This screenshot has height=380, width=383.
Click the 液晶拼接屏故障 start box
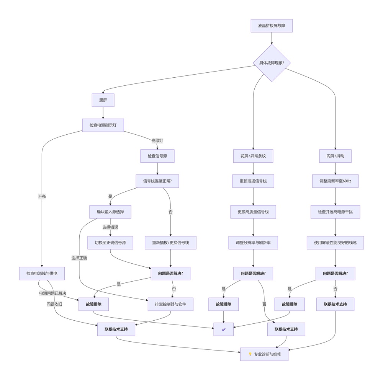[272, 26]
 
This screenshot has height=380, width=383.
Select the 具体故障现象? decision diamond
[272, 63]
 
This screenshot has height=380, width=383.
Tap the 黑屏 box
[103, 100]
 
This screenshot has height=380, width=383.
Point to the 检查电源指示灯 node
[103, 125]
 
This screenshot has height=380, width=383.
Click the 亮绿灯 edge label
[157, 140]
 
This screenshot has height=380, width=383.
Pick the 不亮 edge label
[42, 196]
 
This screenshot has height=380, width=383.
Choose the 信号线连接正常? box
[157, 181]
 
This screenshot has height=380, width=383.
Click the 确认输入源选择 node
[110, 212]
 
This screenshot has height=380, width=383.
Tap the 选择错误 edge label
[110, 227]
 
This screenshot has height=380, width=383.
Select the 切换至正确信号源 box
[110, 243]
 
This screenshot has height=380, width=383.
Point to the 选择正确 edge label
[79, 258]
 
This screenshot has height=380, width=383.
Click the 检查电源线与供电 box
[42, 273]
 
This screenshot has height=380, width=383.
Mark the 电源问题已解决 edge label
[52, 293]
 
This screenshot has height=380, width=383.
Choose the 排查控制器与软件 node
[170, 304]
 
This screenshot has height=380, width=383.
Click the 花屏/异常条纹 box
[253, 156]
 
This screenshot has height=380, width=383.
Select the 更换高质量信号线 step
[253, 212]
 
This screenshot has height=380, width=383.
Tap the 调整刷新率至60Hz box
[335, 181]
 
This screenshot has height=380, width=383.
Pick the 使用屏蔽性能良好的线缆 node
[335, 243]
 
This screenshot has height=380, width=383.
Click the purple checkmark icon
[224, 329]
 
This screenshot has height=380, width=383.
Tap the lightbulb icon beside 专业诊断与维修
[250, 354]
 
